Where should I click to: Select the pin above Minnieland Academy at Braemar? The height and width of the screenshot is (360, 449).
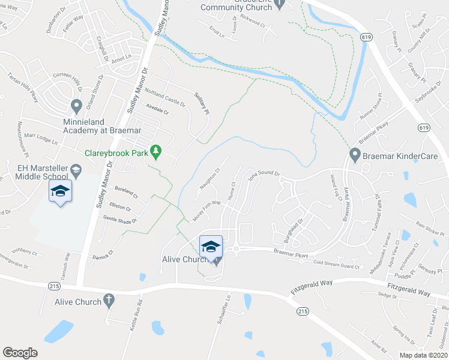click(x=76, y=107)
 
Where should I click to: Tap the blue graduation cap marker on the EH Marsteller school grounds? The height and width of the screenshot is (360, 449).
click(x=60, y=191)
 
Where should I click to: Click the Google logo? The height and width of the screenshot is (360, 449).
click(x=20, y=353)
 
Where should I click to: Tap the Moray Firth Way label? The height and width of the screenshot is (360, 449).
click(x=206, y=209)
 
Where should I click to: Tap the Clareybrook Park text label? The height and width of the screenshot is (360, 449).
click(x=116, y=154)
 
